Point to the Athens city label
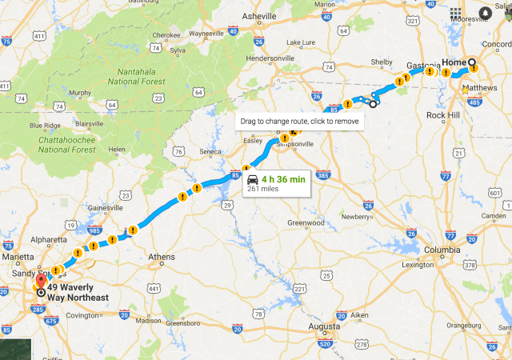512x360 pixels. click(161, 258)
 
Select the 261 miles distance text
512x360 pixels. click(264, 190)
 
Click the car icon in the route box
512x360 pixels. click(253, 179)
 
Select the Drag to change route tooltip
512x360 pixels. click(298, 122)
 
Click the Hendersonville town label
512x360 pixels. click(272, 58)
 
